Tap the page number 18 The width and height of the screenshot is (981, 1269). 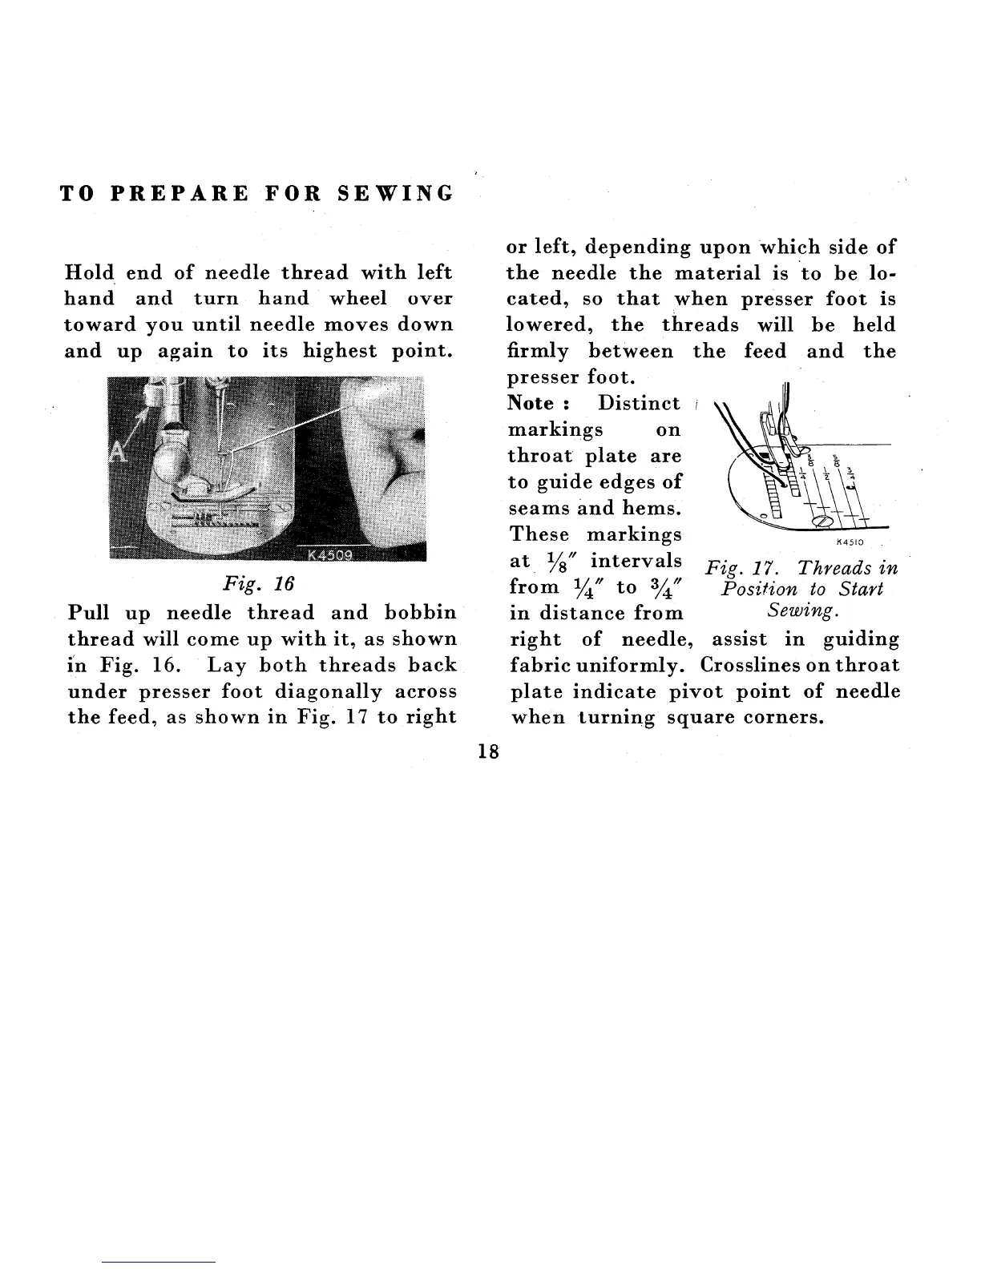pyautogui.click(x=487, y=751)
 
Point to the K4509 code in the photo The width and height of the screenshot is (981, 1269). pyautogui.click(x=334, y=555)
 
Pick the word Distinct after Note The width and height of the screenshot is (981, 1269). pyautogui.click(x=639, y=403)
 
